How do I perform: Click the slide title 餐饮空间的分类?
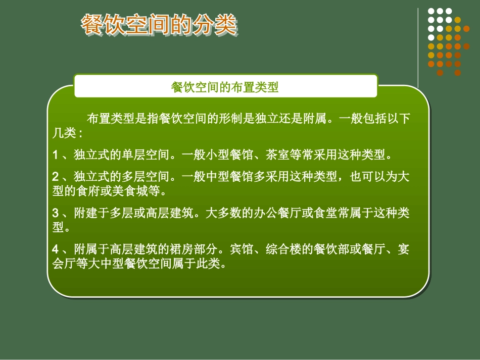click(x=159, y=25)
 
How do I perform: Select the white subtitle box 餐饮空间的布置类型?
click(x=225, y=87)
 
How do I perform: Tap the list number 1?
click(x=56, y=154)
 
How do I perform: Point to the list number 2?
click(x=56, y=177)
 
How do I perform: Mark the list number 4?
click(x=56, y=249)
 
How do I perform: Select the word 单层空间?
click(x=145, y=154)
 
